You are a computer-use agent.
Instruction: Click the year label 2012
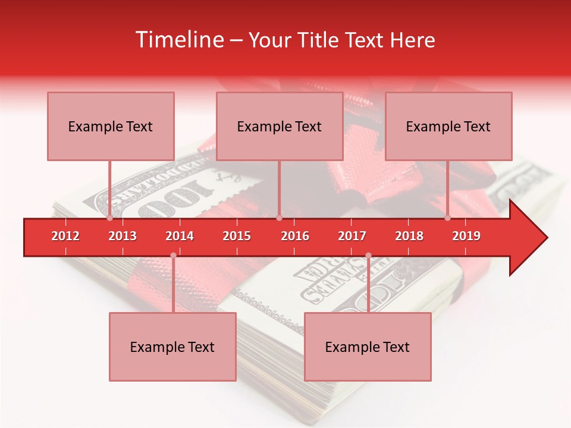point(65,236)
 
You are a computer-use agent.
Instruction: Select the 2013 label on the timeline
point(123,236)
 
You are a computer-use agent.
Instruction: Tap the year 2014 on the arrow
point(180,236)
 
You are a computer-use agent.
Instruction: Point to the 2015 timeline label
point(237,236)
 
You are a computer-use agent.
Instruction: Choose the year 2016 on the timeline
point(295,236)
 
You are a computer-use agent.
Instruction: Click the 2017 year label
point(352,236)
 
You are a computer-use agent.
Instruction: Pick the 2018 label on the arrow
point(409,236)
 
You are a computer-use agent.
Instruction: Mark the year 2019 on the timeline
point(466,236)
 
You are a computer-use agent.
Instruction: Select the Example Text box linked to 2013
point(111,126)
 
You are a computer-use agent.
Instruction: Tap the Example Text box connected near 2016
point(280,126)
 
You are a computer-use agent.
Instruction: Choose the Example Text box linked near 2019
point(448,126)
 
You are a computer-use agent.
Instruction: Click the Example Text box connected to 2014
point(172,347)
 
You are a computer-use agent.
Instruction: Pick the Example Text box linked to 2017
point(368,347)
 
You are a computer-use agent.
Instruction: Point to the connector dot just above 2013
point(110,218)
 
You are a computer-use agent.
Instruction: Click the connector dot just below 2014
point(173,256)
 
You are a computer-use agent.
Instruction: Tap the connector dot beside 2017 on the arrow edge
point(368,256)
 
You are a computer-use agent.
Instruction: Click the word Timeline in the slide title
point(178,40)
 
